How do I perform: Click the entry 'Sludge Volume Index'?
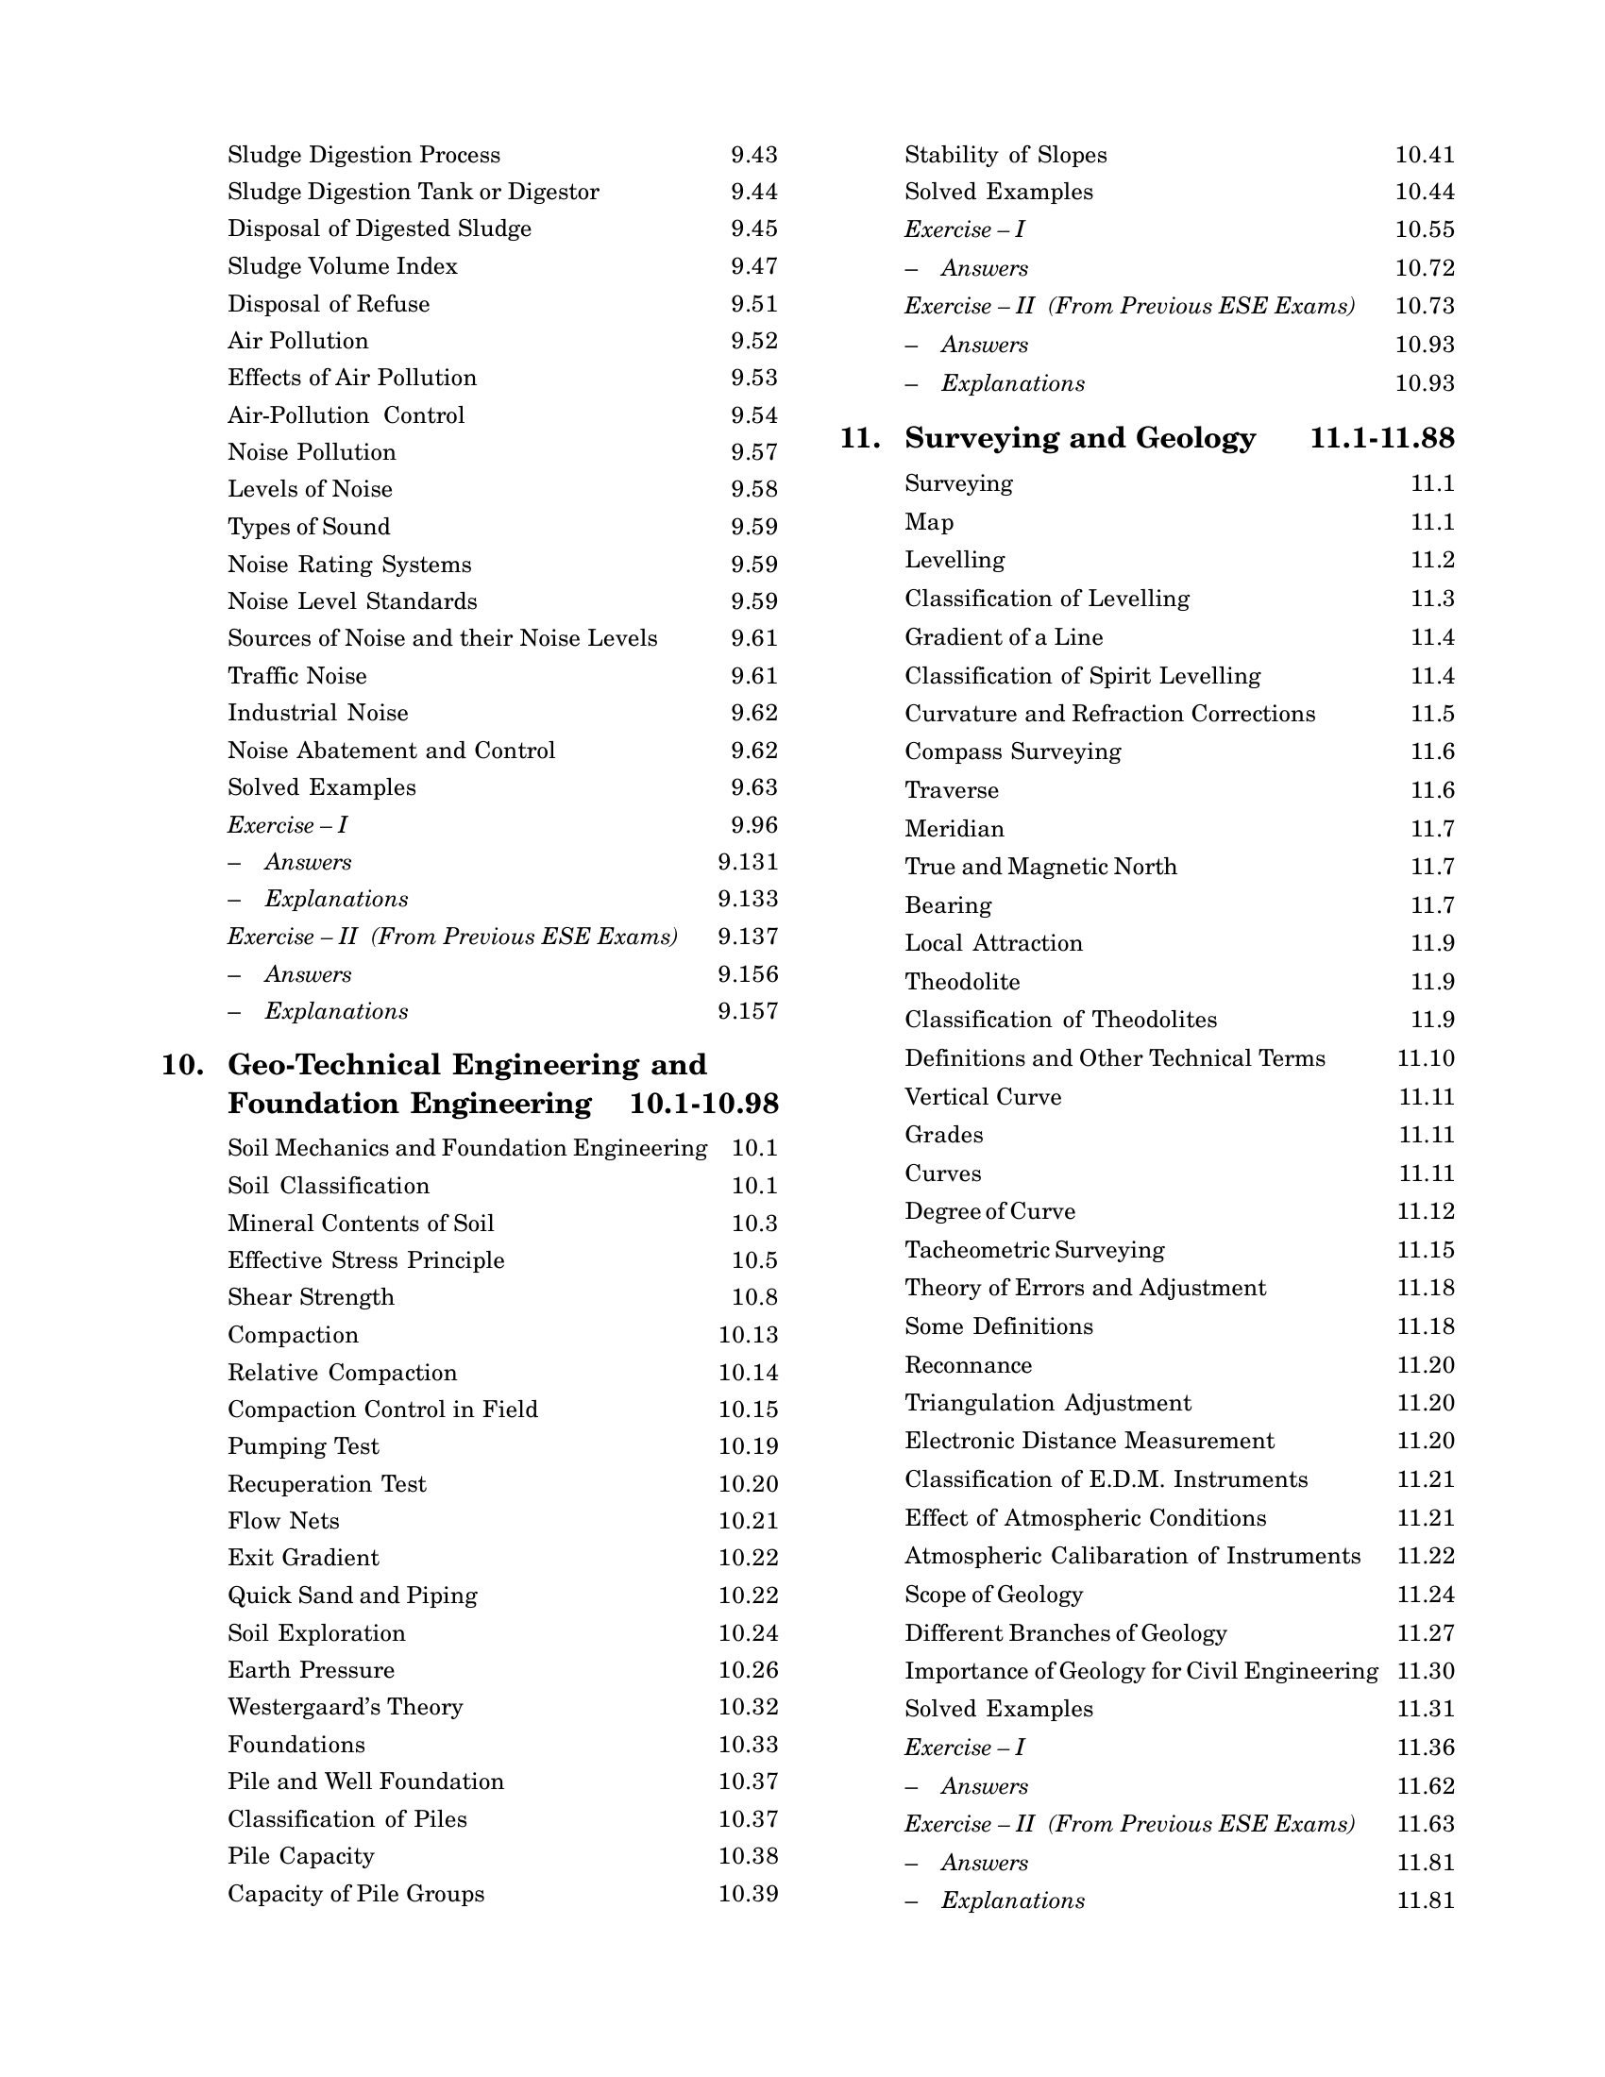point(343,266)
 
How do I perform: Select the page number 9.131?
point(748,863)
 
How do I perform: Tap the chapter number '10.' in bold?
point(182,1064)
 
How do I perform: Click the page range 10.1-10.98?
point(703,1105)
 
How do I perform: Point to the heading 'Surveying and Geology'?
point(1080,438)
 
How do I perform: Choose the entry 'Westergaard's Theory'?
point(346,1707)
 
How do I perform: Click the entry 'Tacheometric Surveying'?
point(1035,1250)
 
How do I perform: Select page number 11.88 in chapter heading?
point(1421,438)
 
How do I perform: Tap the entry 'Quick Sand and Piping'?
point(352,1595)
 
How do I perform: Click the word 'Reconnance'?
point(968,1365)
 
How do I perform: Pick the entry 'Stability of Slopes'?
point(1006,155)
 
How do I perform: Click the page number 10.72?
point(1425,268)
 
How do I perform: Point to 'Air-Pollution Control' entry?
point(346,415)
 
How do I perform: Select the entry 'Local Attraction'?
point(993,943)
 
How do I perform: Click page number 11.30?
point(1426,1671)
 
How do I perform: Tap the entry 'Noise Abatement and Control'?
point(391,751)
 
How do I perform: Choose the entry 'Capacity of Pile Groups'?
point(356,1894)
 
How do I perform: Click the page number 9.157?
point(748,1011)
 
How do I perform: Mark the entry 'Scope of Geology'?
point(993,1594)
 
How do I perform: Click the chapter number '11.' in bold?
point(859,438)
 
